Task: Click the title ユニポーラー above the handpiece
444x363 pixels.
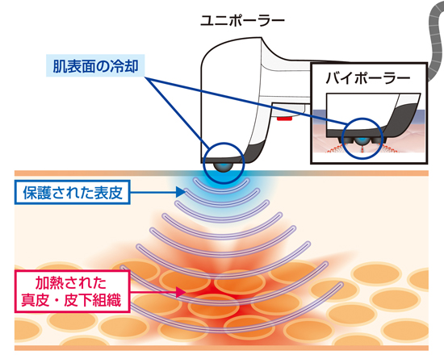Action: pos(242,21)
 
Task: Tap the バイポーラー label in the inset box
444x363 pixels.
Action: pos(368,77)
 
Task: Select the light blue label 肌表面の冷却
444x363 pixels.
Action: pos(95,65)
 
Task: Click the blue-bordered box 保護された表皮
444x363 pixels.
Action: pos(73,192)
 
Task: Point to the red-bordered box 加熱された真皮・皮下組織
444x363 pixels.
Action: pos(73,291)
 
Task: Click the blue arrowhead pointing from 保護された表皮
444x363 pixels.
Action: pos(180,192)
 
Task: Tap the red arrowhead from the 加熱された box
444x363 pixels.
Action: pos(180,292)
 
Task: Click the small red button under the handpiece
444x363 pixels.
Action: pos(285,119)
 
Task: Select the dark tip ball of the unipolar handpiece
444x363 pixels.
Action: pos(224,167)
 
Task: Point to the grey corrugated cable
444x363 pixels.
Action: pos(435,40)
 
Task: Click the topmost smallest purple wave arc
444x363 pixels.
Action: pos(221,189)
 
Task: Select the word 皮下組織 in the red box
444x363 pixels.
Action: pos(93,300)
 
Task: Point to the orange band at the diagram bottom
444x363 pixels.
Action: pos(221,348)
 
